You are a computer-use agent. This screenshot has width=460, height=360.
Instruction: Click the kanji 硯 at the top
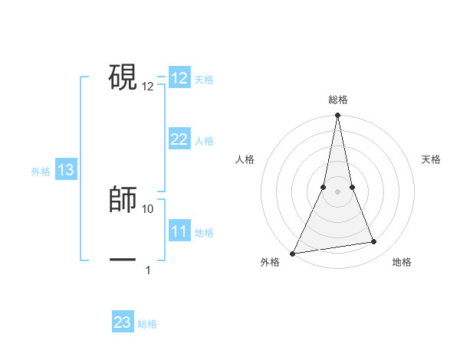(123, 76)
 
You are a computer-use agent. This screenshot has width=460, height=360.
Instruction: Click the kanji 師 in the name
(123, 198)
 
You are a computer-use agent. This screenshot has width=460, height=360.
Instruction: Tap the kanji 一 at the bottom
(123, 260)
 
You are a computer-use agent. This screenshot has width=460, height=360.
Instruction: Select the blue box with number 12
(179, 78)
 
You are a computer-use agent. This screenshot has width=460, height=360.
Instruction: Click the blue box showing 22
(179, 139)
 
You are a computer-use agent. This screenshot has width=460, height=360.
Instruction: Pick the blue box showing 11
(179, 231)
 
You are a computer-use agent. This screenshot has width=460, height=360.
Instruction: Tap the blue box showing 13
(66, 170)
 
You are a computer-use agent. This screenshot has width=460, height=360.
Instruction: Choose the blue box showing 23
(123, 322)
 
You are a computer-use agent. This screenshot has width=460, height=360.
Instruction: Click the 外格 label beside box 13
(41, 172)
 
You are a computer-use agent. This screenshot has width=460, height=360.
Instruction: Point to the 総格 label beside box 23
(147, 324)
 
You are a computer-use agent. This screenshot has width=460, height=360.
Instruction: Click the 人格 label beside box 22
(204, 141)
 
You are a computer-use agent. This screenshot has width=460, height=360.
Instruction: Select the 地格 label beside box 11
(204, 233)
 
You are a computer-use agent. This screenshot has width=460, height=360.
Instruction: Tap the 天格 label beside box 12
(204, 80)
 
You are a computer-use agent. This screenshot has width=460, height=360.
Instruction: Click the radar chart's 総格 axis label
(338, 100)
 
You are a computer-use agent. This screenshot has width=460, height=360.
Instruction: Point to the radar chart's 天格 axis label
(431, 159)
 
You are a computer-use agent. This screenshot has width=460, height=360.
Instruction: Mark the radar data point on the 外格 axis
(292, 253)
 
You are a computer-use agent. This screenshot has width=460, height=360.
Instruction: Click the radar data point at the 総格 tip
(338, 116)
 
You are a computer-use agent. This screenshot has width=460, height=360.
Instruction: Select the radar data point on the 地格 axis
(374, 242)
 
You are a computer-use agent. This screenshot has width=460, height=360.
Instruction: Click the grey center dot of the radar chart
(338, 191)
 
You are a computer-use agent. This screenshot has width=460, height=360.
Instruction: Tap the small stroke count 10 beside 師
(148, 208)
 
